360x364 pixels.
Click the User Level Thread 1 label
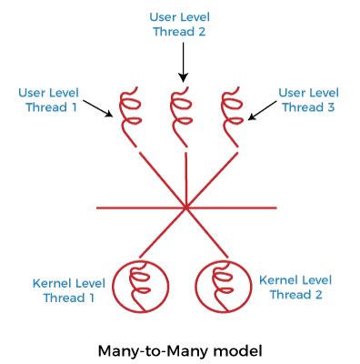pyautogui.click(x=48, y=100)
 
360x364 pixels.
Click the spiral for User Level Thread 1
pyautogui.click(x=132, y=112)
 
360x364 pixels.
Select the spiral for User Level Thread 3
pyautogui.click(x=232, y=112)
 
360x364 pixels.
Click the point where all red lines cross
pyautogui.click(x=185, y=207)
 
